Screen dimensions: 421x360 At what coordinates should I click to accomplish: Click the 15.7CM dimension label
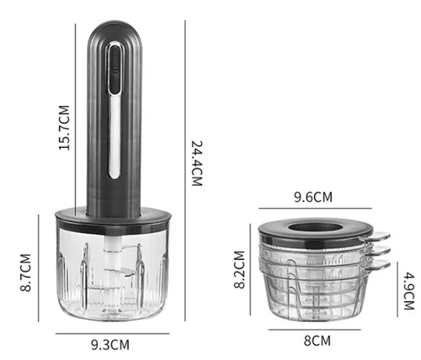(x=64, y=128)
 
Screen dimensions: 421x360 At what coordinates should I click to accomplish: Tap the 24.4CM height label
(x=197, y=163)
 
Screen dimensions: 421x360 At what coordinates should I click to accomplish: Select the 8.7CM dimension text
(x=25, y=273)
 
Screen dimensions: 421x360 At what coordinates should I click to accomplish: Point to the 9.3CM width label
(x=110, y=345)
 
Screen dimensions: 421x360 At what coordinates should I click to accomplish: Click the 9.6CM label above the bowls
(x=313, y=197)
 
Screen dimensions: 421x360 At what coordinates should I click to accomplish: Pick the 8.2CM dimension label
(x=239, y=269)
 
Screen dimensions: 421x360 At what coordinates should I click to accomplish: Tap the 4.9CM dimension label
(x=409, y=291)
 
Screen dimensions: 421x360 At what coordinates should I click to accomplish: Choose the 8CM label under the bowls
(x=317, y=341)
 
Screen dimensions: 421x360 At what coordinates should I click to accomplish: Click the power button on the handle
(x=115, y=70)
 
